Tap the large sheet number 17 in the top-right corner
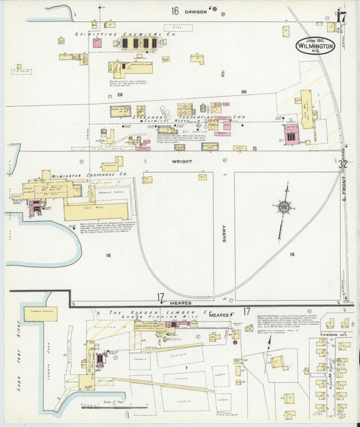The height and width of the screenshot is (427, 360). coord(342,16)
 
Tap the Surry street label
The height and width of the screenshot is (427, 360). coord(224,233)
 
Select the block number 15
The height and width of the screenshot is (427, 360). coord(107,255)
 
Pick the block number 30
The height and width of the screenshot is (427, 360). coord(243,91)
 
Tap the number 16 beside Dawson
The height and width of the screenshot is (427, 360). coord(174,10)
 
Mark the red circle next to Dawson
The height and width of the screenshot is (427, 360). coord(215,10)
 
